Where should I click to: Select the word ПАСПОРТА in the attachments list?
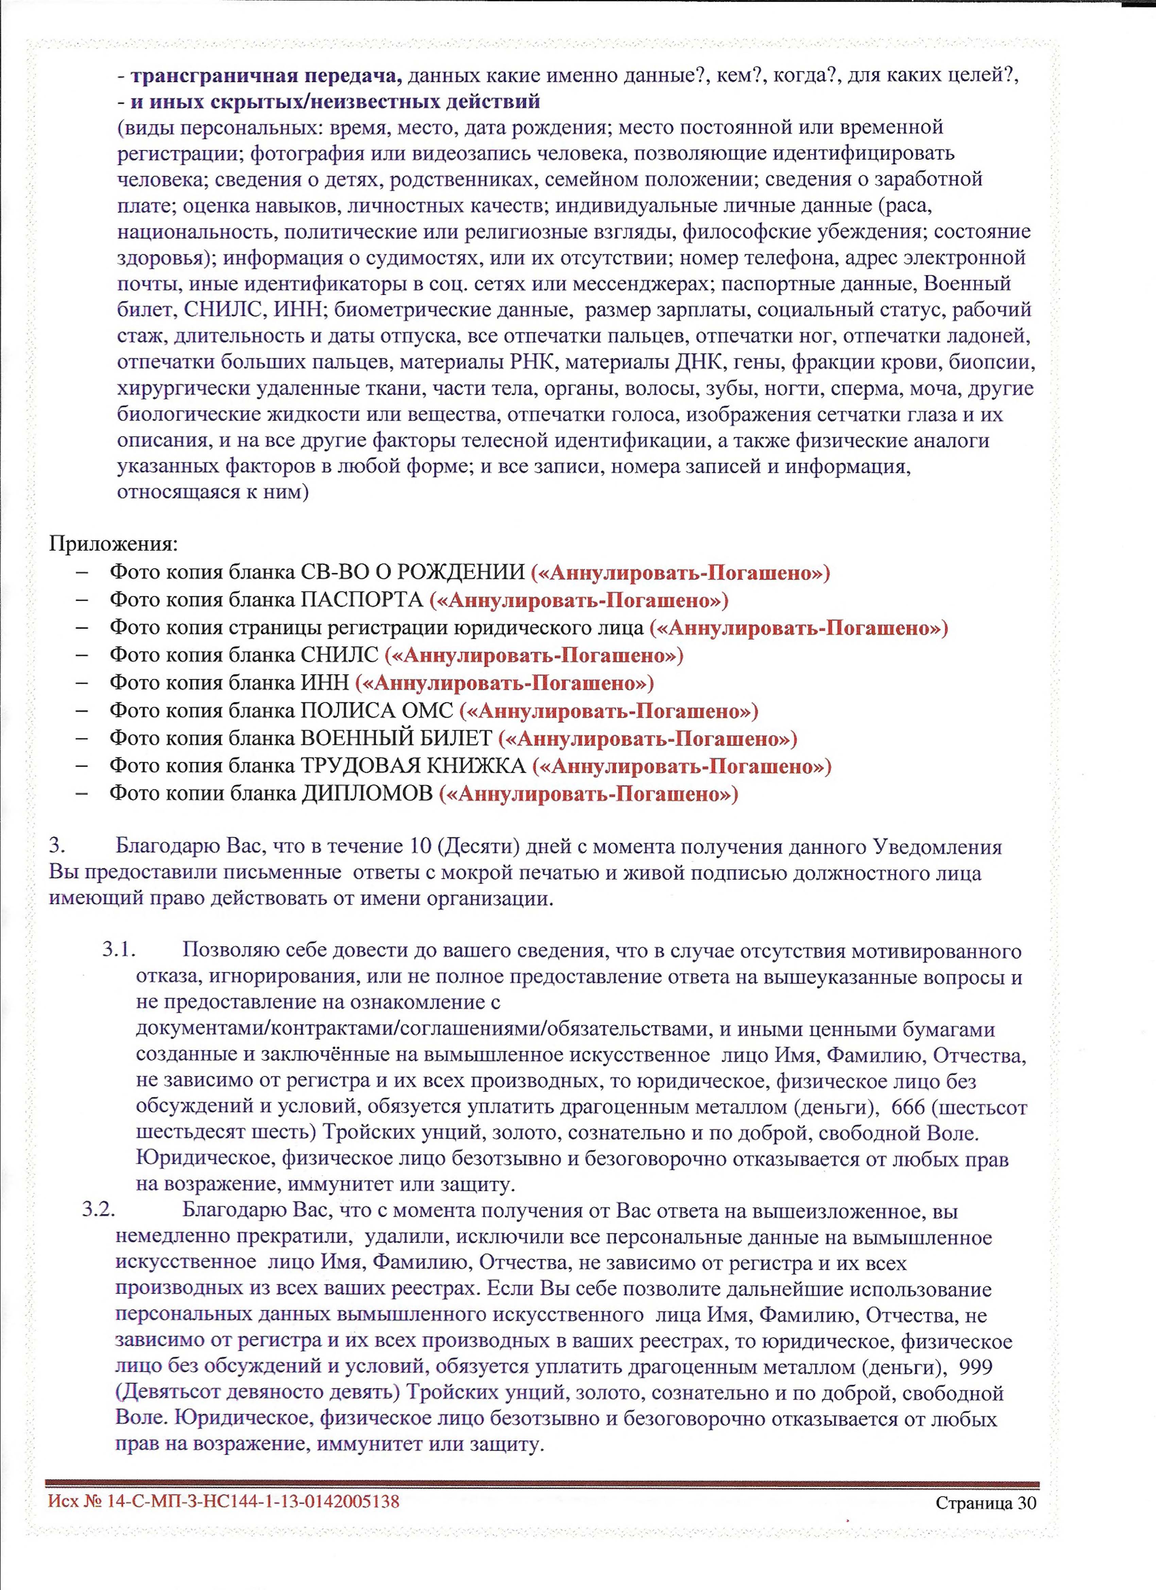[362, 600]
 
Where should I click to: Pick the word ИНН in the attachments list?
[325, 683]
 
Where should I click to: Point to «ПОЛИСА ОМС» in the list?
[377, 711]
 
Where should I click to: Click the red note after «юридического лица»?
[799, 628]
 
